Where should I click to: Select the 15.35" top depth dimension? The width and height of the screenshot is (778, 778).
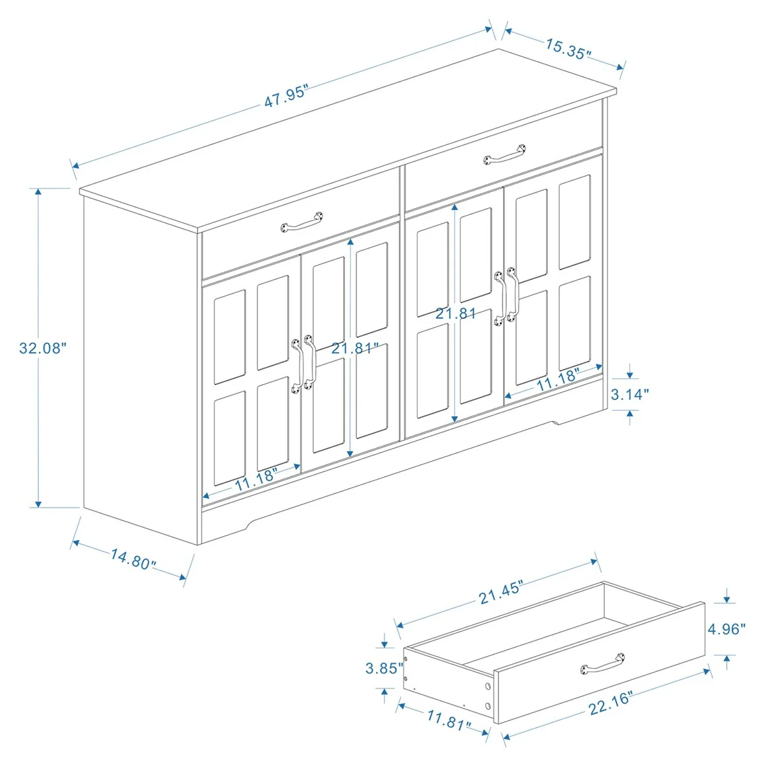point(568,49)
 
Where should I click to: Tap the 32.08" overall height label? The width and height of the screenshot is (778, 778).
point(43,348)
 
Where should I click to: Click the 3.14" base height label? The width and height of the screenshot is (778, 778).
point(630,394)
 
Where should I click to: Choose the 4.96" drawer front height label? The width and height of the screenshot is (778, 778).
point(726,628)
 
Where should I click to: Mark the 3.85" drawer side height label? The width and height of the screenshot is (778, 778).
point(384,668)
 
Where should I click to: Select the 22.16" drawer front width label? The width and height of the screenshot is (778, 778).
point(610,702)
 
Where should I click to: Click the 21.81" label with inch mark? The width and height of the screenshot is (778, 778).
point(355,348)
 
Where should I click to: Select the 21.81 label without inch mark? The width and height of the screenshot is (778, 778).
point(456,314)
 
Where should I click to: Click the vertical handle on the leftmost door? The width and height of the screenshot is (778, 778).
point(298,365)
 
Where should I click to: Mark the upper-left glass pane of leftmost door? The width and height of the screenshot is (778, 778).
point(230,336)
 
